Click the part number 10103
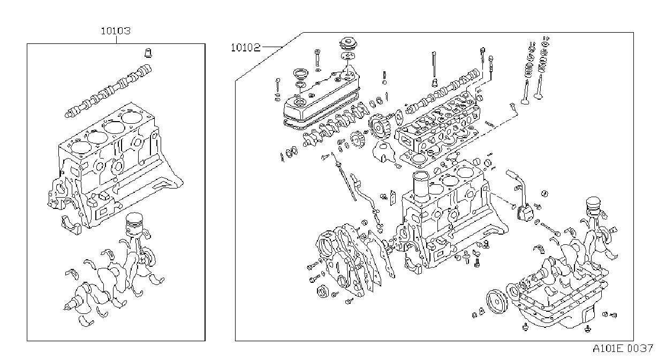(116, 31)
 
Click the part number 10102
(245, 48)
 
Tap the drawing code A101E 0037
(622, 349)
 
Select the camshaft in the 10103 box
(108, 92)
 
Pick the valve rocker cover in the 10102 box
(321, 97)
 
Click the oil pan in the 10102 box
(555, 306)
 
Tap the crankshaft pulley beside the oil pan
(496, 302)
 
